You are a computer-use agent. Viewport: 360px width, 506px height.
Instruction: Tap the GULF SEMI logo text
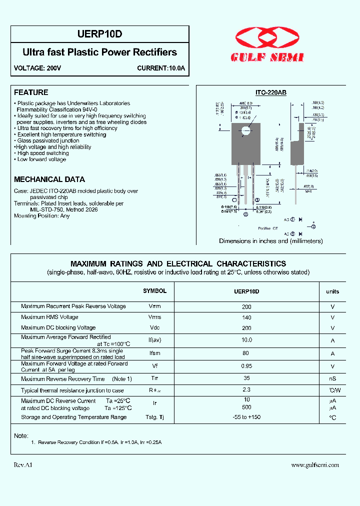267,57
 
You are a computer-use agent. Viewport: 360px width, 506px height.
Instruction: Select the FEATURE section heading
31,92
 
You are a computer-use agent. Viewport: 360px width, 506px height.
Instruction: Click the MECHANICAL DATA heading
49,179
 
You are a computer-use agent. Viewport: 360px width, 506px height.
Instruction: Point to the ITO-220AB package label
270,92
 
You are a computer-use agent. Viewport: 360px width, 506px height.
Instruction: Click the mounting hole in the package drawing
245,131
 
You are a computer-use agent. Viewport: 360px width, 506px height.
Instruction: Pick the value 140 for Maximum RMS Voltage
246,317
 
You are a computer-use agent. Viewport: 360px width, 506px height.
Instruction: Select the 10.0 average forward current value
246,340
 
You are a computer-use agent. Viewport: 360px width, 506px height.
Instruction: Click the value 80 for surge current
246,353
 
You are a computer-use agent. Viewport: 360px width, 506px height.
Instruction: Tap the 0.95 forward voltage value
246,366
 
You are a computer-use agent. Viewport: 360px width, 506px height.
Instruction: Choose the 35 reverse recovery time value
246,378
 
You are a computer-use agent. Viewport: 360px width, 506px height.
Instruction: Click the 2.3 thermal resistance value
246,389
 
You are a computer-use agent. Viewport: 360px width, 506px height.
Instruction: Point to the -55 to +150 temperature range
246,417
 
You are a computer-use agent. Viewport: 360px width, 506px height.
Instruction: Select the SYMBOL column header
155,291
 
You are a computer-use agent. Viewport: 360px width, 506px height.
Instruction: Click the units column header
332,291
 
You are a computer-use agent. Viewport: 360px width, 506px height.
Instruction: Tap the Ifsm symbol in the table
155,353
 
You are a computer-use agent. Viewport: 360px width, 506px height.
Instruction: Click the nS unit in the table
332,379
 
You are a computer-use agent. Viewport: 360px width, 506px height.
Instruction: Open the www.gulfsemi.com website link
315,464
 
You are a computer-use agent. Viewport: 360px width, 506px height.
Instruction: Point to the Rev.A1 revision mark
23,464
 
